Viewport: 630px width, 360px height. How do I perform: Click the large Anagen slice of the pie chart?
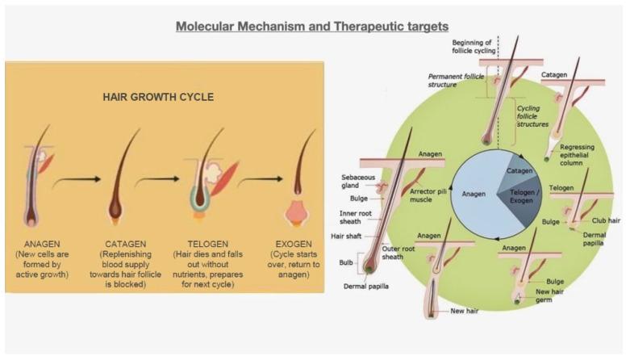pos(475,195)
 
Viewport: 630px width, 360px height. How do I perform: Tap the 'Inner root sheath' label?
pos(356,217)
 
